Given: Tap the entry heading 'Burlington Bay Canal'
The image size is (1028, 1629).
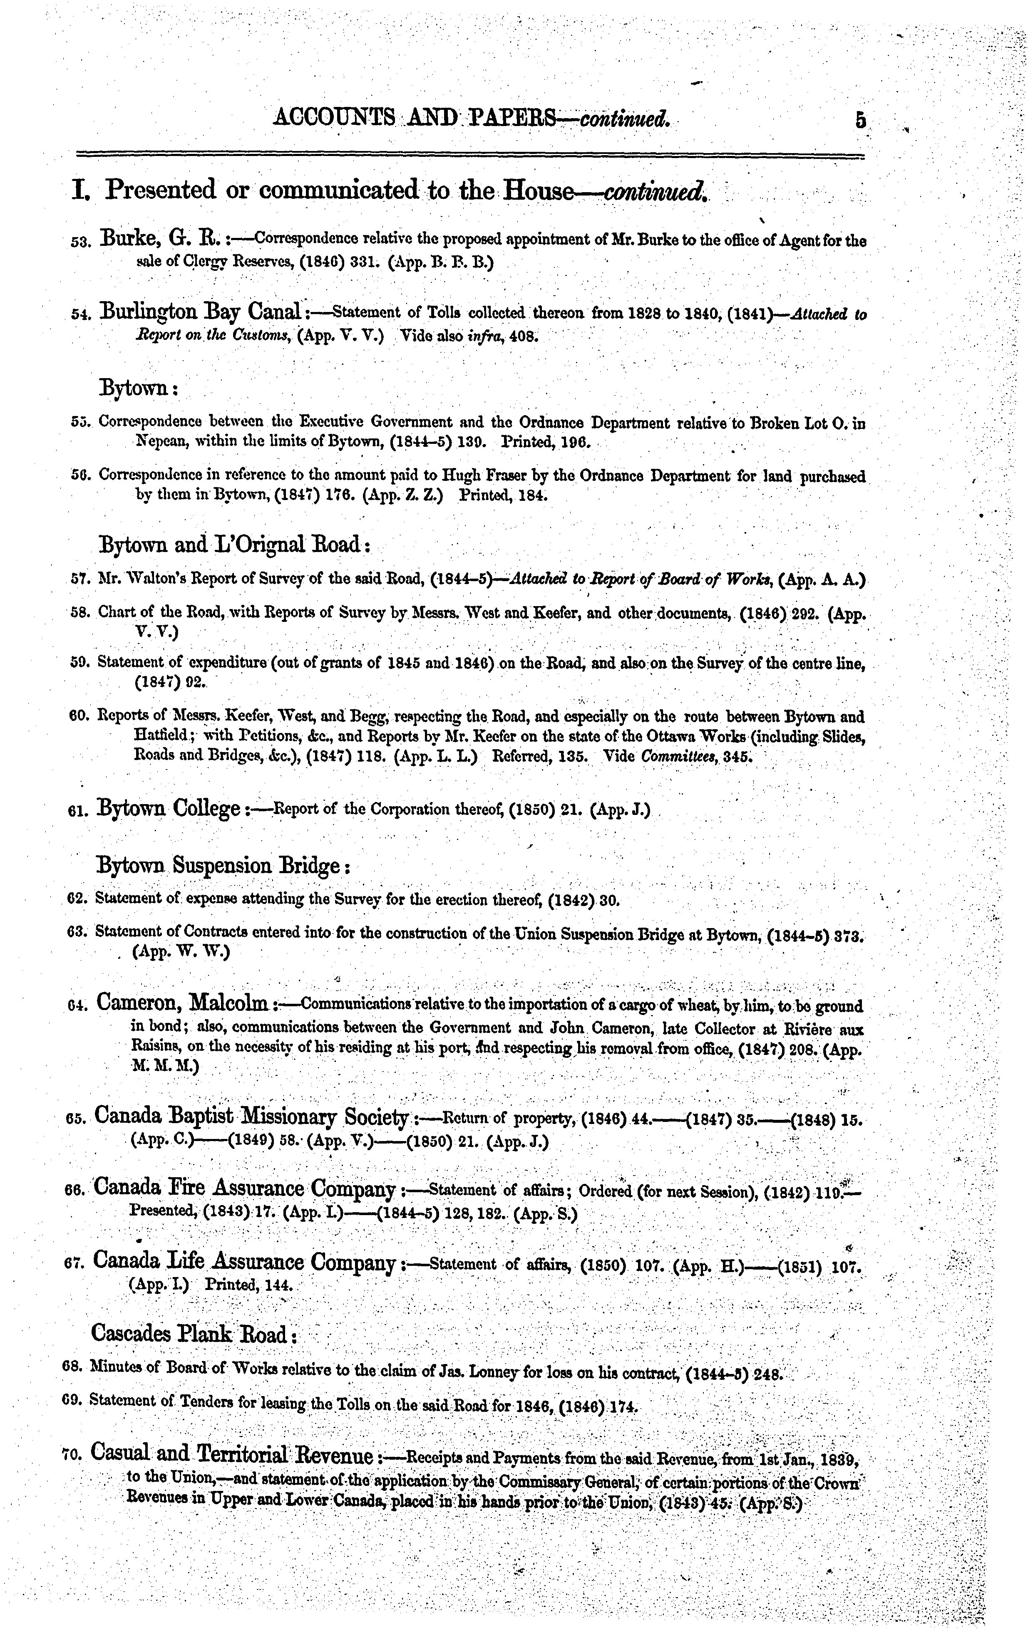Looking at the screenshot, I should (200, 312).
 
